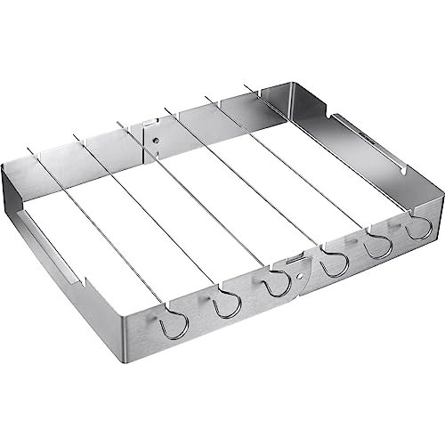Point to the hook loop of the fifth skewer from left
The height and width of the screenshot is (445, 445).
[379, 247]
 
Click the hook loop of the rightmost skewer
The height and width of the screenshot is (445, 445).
[417, 231]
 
